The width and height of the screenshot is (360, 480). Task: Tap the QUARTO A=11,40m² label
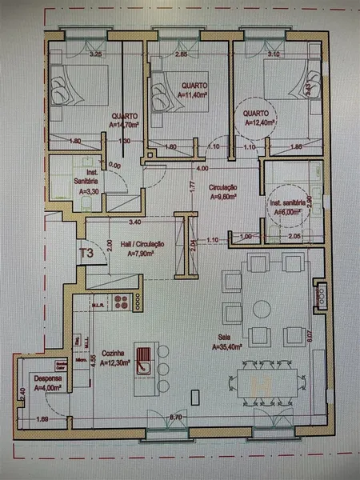tap(193, 89)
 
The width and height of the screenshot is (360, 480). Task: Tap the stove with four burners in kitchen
tap(122, 302)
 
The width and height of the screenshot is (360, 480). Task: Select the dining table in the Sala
tap(265, 383)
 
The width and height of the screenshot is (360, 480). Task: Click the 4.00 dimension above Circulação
tap(203, 169)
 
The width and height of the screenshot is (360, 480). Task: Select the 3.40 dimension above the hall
tap(135, 222)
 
